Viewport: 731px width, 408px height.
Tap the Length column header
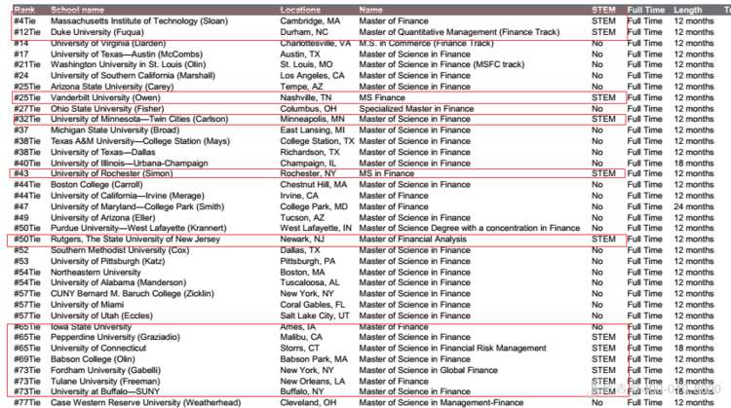[687, 10]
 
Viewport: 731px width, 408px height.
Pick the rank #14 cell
[20, 43]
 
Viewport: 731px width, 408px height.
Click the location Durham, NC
[304, 32]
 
